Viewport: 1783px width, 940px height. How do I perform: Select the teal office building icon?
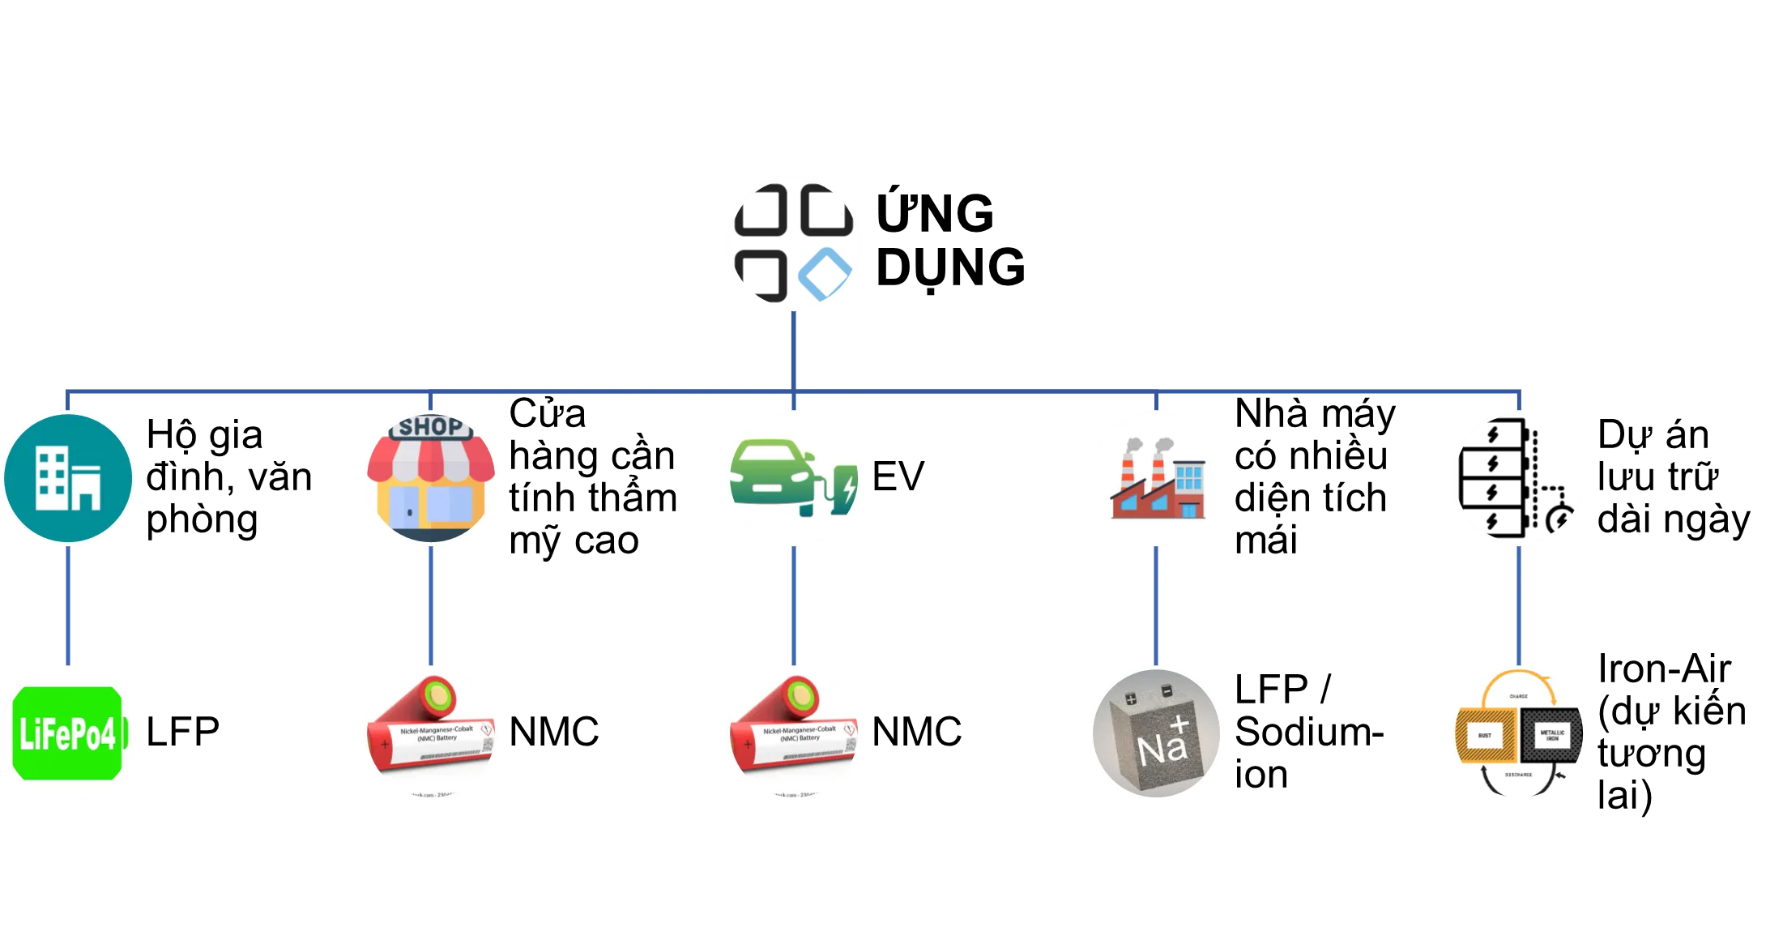click(x=68, y=478)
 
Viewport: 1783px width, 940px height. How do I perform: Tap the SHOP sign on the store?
click(x=430, y=427)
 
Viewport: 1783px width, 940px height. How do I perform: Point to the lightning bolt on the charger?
click(x=848, y=488)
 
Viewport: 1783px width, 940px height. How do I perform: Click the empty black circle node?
click(x=1519, y=478)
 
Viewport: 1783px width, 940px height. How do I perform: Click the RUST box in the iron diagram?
click(x=1485, y=736)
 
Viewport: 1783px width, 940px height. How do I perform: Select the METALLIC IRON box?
click(x=1552, y=736)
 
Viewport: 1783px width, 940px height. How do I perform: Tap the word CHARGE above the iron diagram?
click(x=1519, y=696)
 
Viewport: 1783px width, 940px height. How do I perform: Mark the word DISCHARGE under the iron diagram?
click(x=1519, y=775)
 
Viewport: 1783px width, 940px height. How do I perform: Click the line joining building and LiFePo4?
click(x=68, y=605)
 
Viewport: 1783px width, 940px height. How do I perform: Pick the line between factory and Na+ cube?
click(x=1157, y=605)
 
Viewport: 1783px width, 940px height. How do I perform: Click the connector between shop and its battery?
click(x=430, y=605)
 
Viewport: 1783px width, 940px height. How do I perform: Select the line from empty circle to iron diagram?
click(x=1519, y=605)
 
